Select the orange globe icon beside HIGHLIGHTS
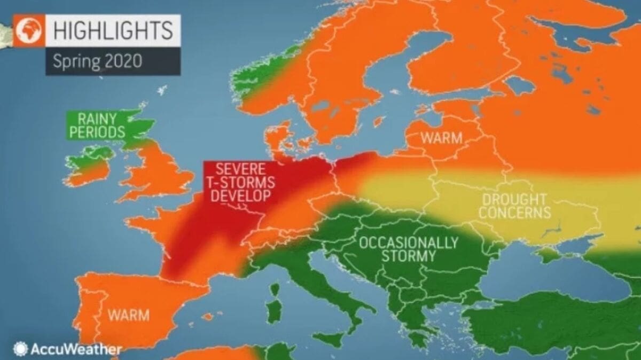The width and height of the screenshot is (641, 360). (x=29, y=31)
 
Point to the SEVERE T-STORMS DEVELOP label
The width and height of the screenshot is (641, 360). (x=239, y=182)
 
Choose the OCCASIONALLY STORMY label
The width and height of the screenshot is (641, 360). (x=409, y=249)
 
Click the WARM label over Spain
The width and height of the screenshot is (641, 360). (x=129, y=315)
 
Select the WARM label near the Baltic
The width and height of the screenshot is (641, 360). (x=441, y=137)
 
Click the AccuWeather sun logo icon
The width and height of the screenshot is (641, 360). (x=21, y=349)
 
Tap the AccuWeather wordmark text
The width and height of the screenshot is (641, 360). (x=76, y=350)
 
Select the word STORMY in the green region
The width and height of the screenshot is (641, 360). (x=409, y=256)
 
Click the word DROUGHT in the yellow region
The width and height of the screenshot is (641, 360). (x=514, y=199)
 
